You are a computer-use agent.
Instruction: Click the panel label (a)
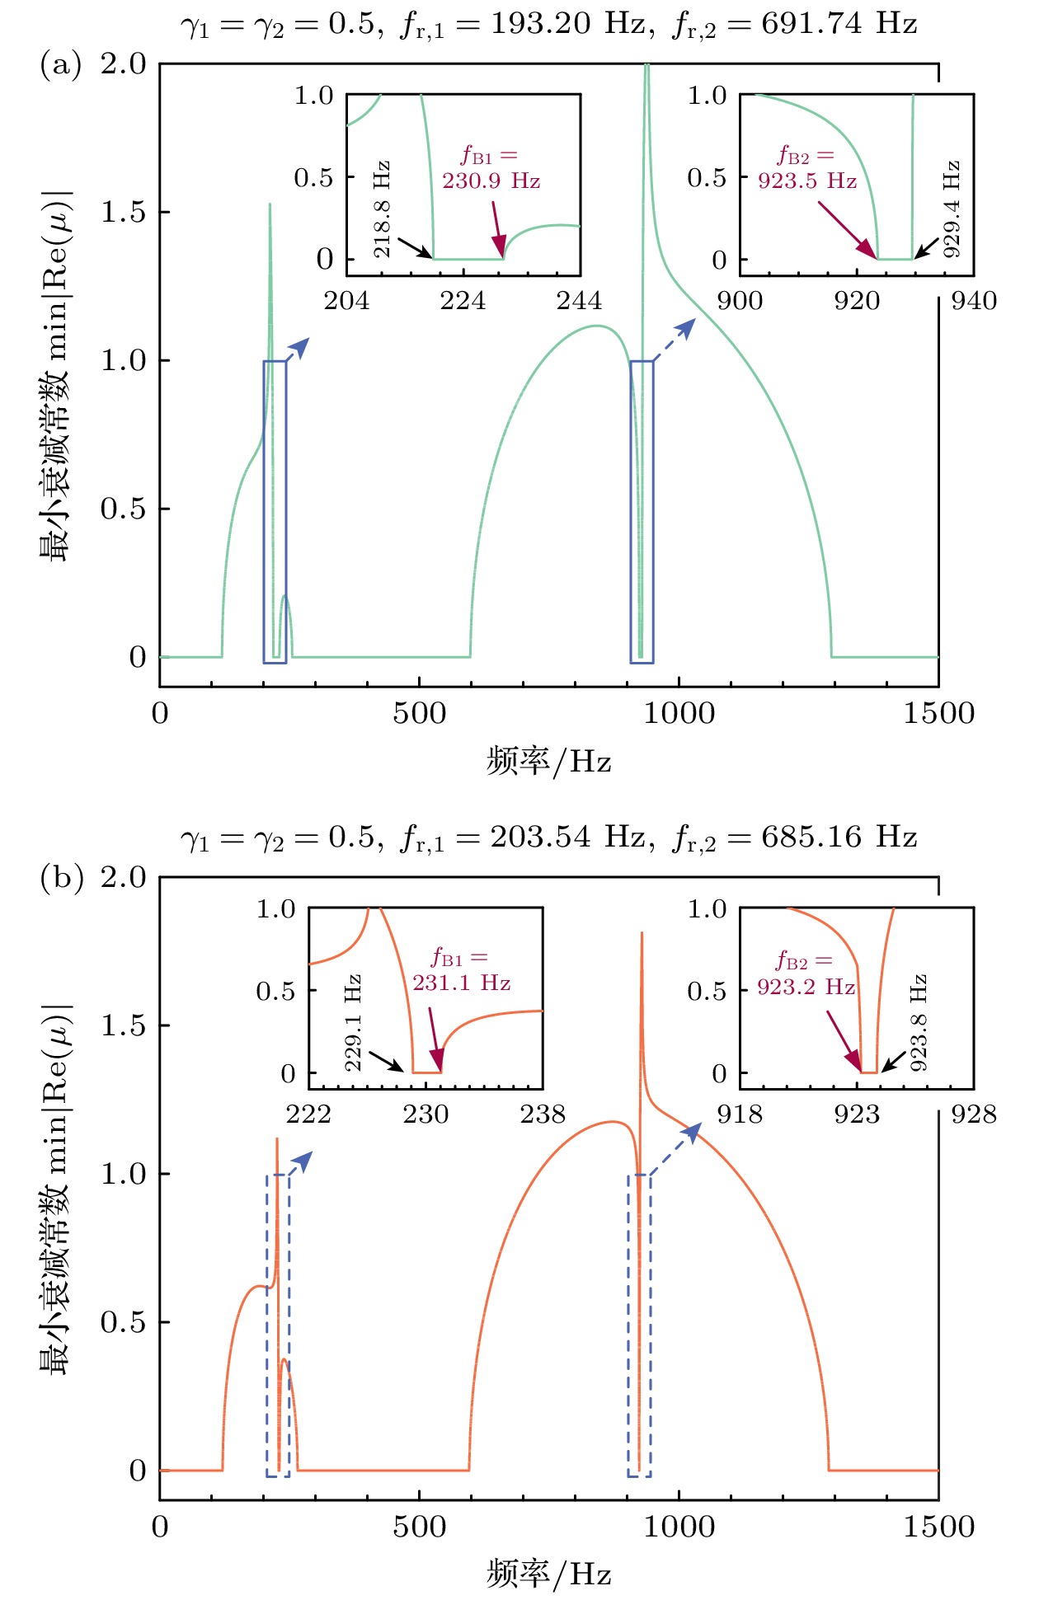pos(60,64)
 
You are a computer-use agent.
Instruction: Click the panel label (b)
pos(61,878)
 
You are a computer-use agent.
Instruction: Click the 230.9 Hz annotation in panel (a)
pos(491,181)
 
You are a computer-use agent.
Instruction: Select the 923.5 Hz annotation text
pos(807,181)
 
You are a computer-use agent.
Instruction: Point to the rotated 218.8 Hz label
pos(382,209)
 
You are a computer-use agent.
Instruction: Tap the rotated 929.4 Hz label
pos(952,209)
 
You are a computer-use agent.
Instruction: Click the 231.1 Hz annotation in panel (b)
pos(461,983)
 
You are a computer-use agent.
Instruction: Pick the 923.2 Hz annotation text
pos(806,986)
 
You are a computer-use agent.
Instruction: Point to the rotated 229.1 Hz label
pos(353,1023)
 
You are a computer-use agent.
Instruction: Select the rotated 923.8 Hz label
pos(919,1023)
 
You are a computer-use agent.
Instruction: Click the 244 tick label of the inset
pos(579,301)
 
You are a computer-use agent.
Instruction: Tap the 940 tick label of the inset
pos(974,301)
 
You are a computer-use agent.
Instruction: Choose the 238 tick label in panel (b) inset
pos(543,1114)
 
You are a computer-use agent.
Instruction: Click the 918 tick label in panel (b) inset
pos(740,1114)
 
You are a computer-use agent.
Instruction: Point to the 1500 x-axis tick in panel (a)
pos(938,713)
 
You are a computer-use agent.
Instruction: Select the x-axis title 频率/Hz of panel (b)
pos(548,1574)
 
